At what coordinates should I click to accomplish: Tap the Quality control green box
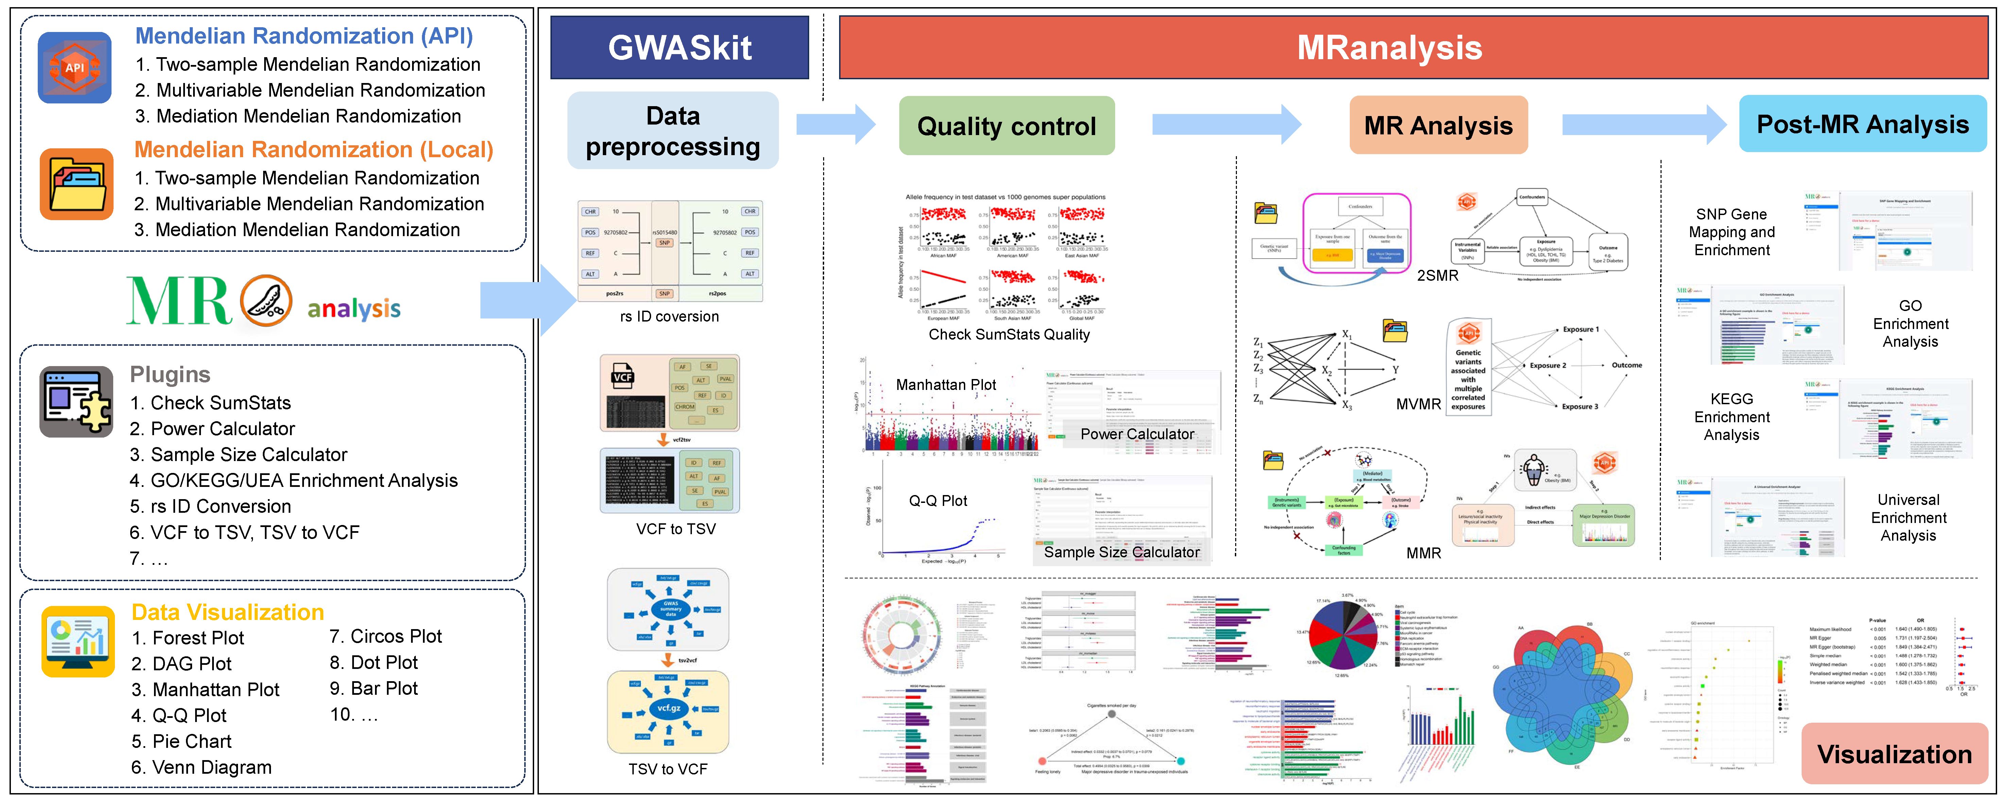(x=1006, y=126)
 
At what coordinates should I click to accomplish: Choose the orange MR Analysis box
(x=1438, y=126)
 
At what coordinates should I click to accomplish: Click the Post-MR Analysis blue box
(x=1862, y=124)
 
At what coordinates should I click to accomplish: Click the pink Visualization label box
(x=1894, y=753)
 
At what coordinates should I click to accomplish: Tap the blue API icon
(x=75, y=68)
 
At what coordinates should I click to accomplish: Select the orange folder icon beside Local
(x=76, y=184)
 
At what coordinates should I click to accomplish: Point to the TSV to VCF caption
(x=668, y=769)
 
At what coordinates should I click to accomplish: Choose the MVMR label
(x=1418, y=404)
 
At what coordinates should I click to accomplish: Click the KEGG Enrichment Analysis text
(x=1731, y=416)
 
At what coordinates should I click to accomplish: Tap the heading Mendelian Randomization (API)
(x=304, y=36)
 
